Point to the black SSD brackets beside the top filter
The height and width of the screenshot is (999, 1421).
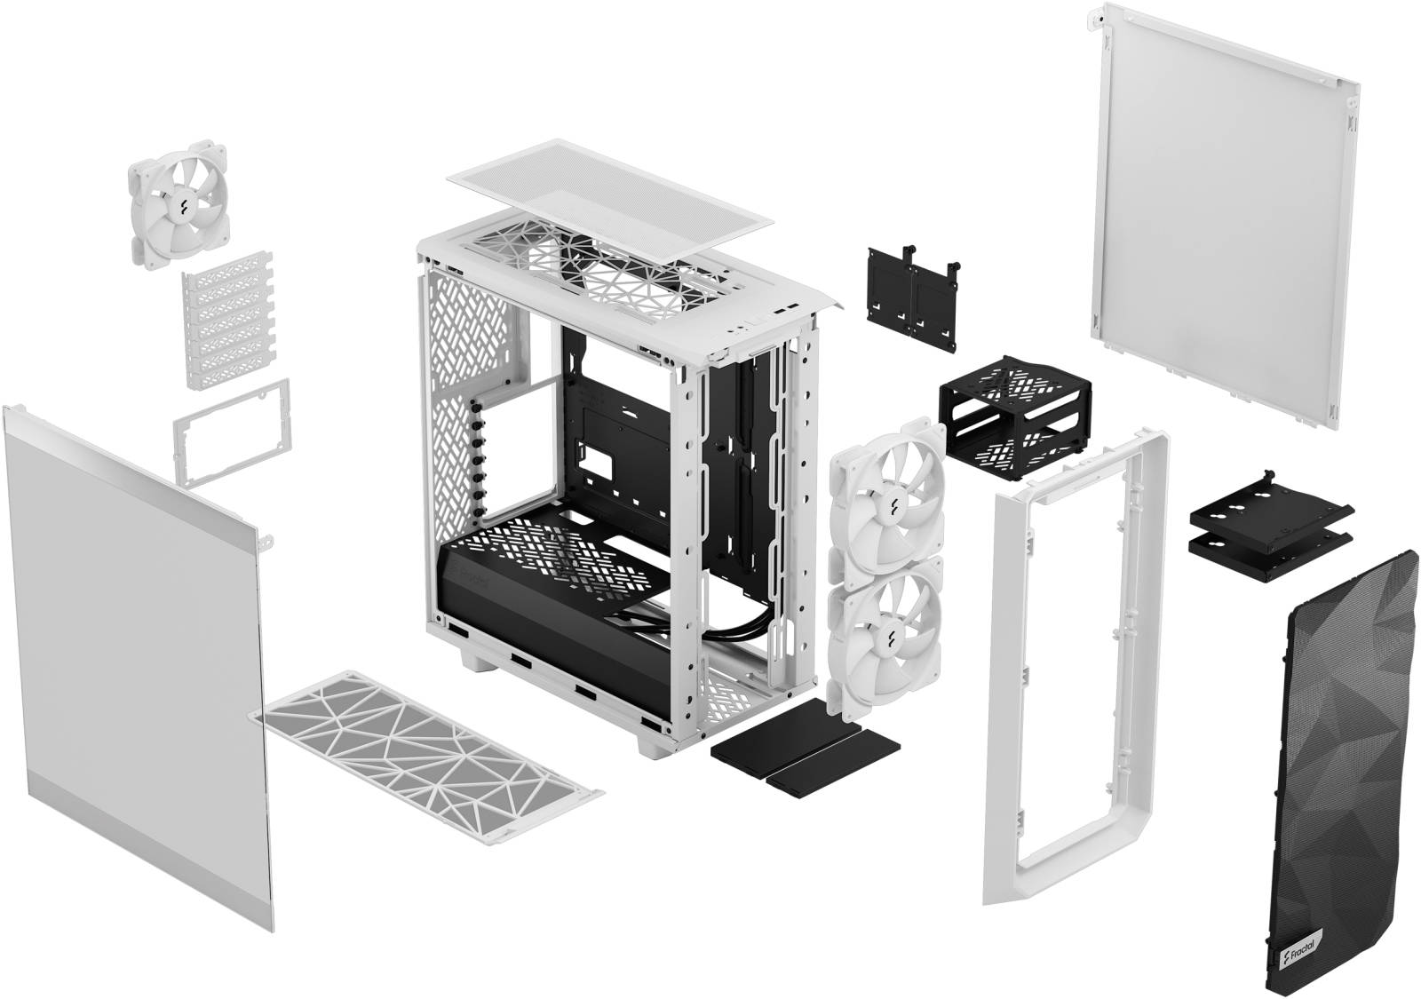click(910, 298)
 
